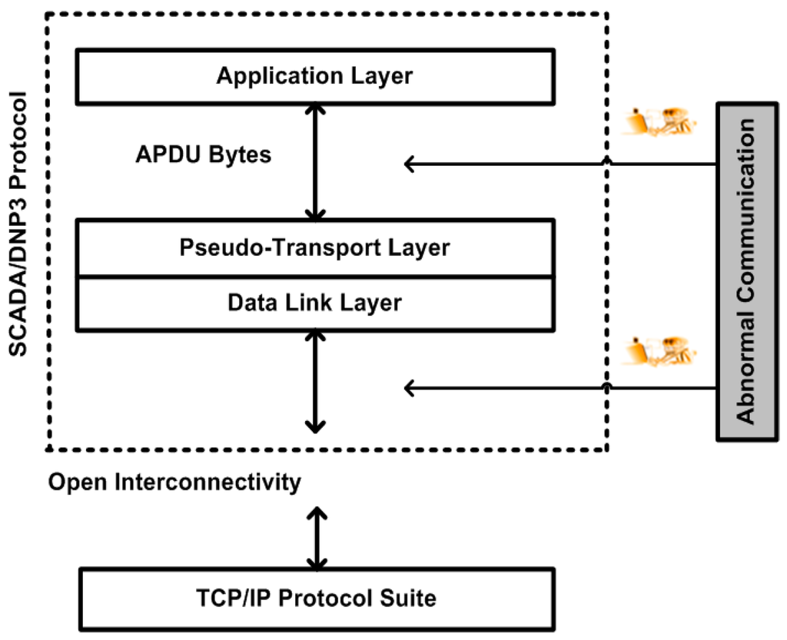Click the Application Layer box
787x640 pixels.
(x=314, y=76)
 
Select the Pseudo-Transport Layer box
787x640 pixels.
(x=314, y=248)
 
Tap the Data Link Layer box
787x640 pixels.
(x=314, y=303)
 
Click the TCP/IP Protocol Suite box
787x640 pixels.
(x=316, y=599)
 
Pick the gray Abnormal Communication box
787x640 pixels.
(x=745, y=270)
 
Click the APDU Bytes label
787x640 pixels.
(x=203, y=154)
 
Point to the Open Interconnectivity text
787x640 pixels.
(x=174, y=482)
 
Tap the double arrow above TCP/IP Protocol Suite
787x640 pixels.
(x=316, y=537)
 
